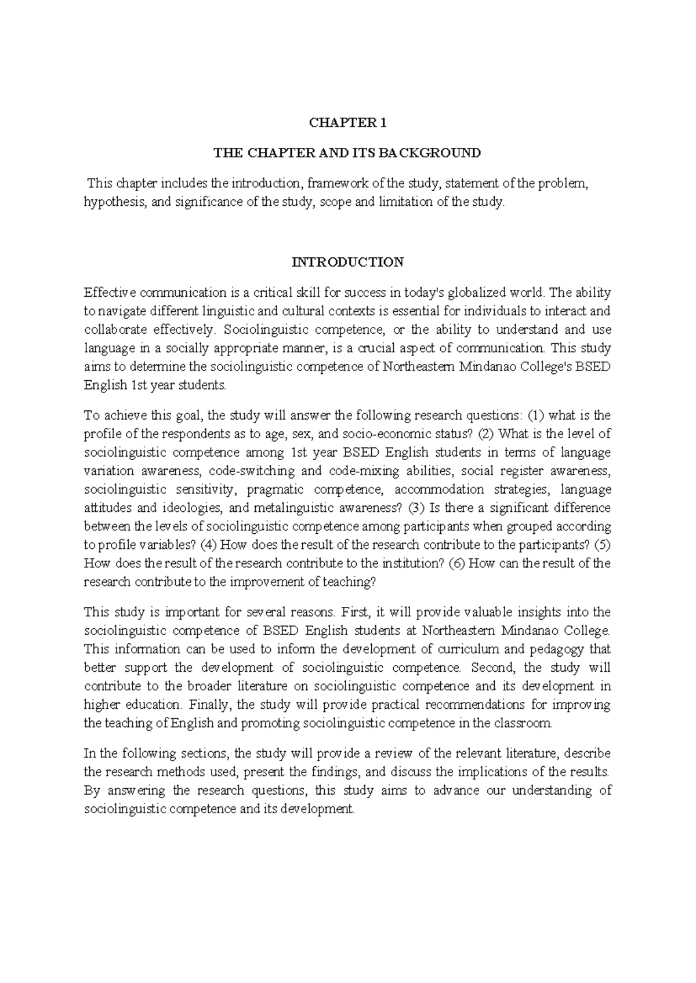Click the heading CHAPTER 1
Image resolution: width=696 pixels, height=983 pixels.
tap(347, 123)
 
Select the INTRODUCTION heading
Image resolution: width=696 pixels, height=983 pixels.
tap(347, 262)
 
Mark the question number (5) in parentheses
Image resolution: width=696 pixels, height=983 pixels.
tap(603, 545)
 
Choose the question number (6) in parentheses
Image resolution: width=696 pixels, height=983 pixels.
tap(458, 563)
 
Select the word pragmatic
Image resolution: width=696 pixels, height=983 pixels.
tap(275, 489)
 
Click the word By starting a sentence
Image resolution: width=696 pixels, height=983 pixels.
tap(92, 791)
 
